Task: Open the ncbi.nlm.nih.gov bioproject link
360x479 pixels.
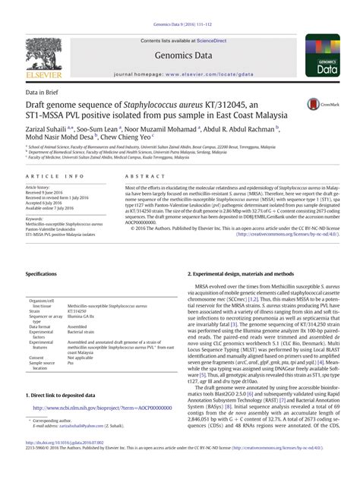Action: pos(96,408)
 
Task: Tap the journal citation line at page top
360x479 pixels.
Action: pos(179,7)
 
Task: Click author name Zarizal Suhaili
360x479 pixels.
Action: pos(48,130)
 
